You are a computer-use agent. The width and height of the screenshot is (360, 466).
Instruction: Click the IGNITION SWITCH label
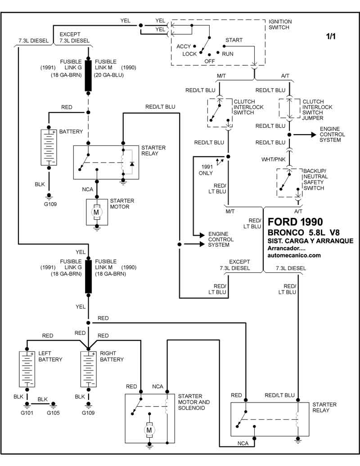pyautogui.click(x=280, y=24)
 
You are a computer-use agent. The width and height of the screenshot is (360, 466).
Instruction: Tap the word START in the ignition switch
pyautogui.click(x=234, y=40)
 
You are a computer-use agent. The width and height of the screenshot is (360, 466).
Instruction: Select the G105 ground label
pyautogui.click(x=53, y=412)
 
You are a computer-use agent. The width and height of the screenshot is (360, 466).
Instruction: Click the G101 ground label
pyautogui.click(x=27, y=412)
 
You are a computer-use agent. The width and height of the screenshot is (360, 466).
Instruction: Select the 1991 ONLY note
pyautogui.click(x=207, y=170)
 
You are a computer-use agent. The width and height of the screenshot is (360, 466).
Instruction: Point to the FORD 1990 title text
pyautogui.click(x=295, y=222)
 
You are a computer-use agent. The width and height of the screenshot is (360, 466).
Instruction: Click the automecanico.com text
pyautogui.click(x=294, y=255)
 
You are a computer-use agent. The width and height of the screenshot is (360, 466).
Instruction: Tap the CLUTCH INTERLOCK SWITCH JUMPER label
pyautogui.click(x=317, y=110)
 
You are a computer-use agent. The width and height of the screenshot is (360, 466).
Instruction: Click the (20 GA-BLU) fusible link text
pyautogui.click(x=109, y=75)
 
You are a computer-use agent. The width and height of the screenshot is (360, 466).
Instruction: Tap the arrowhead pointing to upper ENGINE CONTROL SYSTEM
pyautogui.click(x=312, y=134)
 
